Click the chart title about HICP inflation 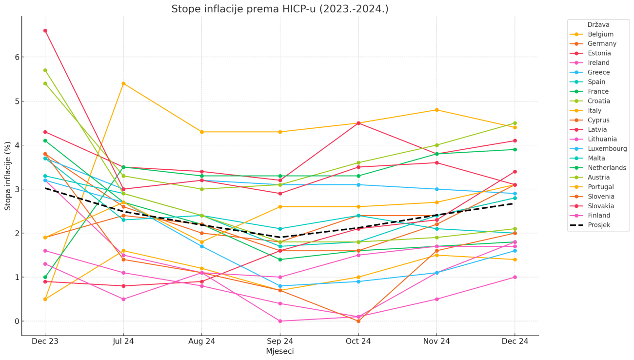coord(280,9)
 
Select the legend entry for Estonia coord(599,54)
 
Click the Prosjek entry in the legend coord(599,225)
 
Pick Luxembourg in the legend coord(607,149)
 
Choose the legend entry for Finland coord(599,216)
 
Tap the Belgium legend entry coord(600,35)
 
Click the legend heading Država coord(598,25)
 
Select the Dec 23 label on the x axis coord(45,341)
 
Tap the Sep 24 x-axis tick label coord(280,341)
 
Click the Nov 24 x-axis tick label coord(436,341)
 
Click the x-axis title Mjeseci coord(280,351)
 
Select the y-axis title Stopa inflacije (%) coord(8,176)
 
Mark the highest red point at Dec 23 coord(45,31)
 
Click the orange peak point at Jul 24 coord(123,84)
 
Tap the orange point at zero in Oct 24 coord(358,321)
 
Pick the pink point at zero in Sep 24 coord(280,321)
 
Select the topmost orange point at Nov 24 coord(436,110)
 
